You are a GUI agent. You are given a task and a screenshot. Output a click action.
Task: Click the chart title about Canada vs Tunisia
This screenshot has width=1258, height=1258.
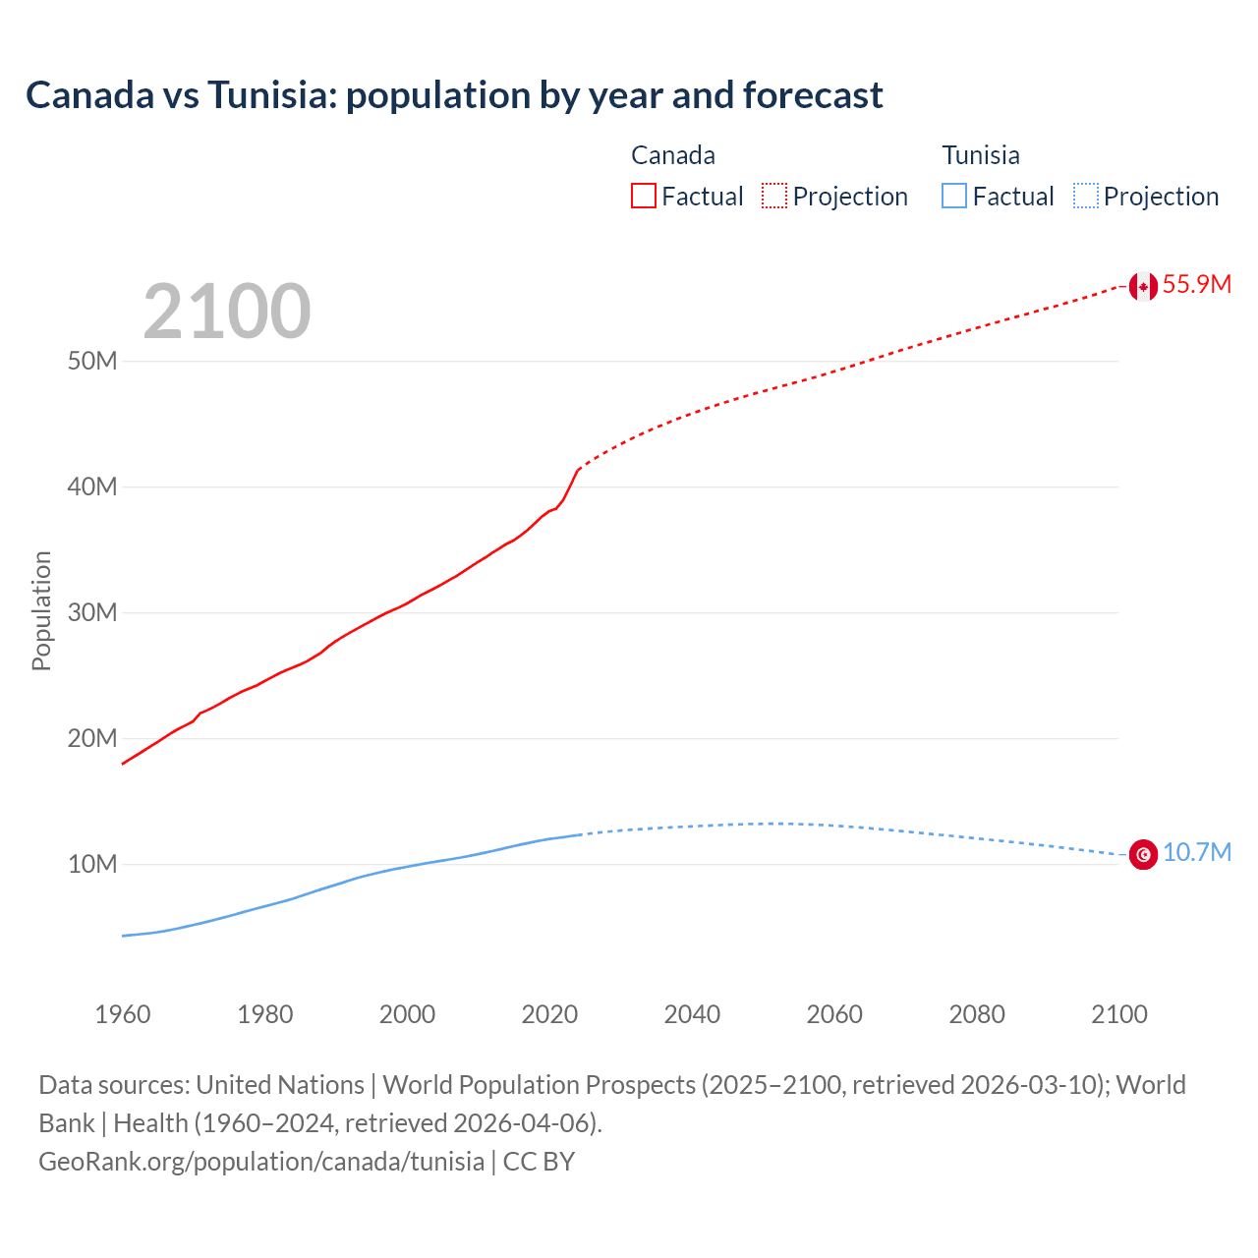pyautogui.click(x=454, y=95)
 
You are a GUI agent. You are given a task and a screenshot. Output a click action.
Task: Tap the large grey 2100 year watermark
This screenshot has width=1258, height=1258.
pyautogui.click(x=227, y=312)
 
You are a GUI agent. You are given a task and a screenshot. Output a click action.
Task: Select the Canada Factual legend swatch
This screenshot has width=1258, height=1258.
pyautogui.click(x=643, y=197)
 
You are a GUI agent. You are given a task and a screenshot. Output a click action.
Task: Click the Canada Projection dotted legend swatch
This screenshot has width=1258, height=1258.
pyautogui.click(x=774, y=197)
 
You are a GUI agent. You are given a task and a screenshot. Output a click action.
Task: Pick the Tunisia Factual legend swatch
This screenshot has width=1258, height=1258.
pyautogui.click(x=953, y=197)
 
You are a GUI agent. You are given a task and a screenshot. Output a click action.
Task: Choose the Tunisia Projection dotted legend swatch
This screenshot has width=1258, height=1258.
pyautogui.click(x=1085, y=197)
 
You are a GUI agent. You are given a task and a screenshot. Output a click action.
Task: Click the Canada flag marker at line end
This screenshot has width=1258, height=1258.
pyautogui.click(x=1143, y=286)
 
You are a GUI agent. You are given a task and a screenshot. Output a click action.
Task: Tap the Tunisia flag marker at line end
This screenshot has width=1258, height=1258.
pyautogui.click(x=1143, y=855)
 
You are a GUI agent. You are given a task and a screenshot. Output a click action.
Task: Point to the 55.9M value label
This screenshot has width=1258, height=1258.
pyautogui.click(x=1196, y=285)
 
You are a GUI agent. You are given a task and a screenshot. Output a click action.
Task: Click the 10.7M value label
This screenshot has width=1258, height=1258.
pyautogui.click(x=1196, y=853)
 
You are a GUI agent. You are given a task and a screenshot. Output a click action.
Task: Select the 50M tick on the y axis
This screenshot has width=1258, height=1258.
pyautogui.click(x=92, y=362)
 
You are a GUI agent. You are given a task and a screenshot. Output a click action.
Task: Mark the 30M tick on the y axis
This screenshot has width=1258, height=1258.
pyautogui.click(x=92, y=613)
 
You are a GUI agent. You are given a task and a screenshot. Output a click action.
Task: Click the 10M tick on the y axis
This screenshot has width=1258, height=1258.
pyautogui.click(x=92, y=865)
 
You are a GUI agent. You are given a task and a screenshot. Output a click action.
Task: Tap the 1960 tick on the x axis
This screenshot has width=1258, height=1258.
pyautogui.click(x=123, y=1014)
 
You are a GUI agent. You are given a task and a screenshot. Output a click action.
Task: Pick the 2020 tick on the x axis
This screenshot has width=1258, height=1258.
pyautogui.click(x=549, y=1014)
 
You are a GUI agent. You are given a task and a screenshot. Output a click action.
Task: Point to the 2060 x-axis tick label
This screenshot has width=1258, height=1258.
pyautogui.click(x=834, y=1014)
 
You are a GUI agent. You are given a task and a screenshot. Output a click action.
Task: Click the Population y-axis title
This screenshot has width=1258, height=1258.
pyautogui.click(x=41, y=610)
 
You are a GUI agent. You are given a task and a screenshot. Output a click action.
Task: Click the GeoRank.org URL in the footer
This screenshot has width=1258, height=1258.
pyautogui.click(x=261, y=1162)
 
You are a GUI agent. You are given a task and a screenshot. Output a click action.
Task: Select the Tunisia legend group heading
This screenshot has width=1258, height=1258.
pyautogui.click(x=981, y=155)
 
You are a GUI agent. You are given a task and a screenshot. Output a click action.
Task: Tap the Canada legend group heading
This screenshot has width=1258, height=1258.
pyautogui.click(x=673, y=155)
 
